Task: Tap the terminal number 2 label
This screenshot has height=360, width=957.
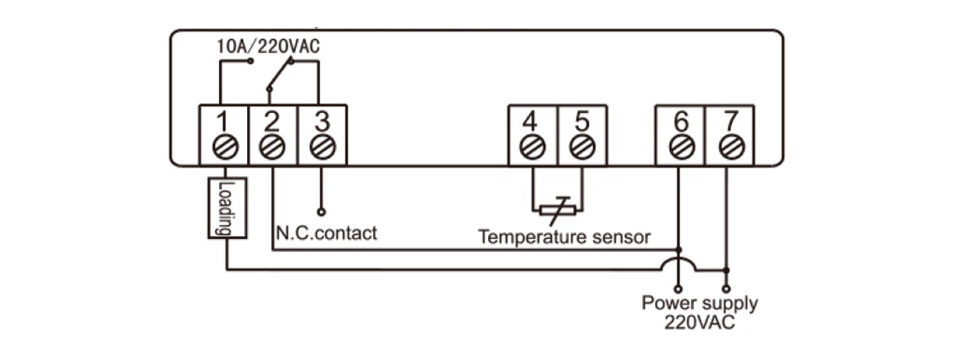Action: (x=272, y=120)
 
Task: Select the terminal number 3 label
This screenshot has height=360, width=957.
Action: (x=321, y=120)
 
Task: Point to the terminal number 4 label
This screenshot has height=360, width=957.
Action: (x=532, y=120)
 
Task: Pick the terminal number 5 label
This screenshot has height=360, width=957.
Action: (x=582, y=120)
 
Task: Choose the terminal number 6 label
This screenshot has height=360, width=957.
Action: (x=679, y=120)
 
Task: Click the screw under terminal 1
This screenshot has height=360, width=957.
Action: (x=223, y=147)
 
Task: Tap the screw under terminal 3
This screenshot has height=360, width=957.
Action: (x=321, y=147)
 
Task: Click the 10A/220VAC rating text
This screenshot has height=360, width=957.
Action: (x=267, y=47)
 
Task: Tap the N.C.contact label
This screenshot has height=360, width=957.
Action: (x=326, y=233)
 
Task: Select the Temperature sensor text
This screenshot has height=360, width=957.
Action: (x=564, y=238)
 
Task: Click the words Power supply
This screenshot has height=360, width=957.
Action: (x=699, y=304)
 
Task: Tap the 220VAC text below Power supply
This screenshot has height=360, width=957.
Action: (x=699, y=322)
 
